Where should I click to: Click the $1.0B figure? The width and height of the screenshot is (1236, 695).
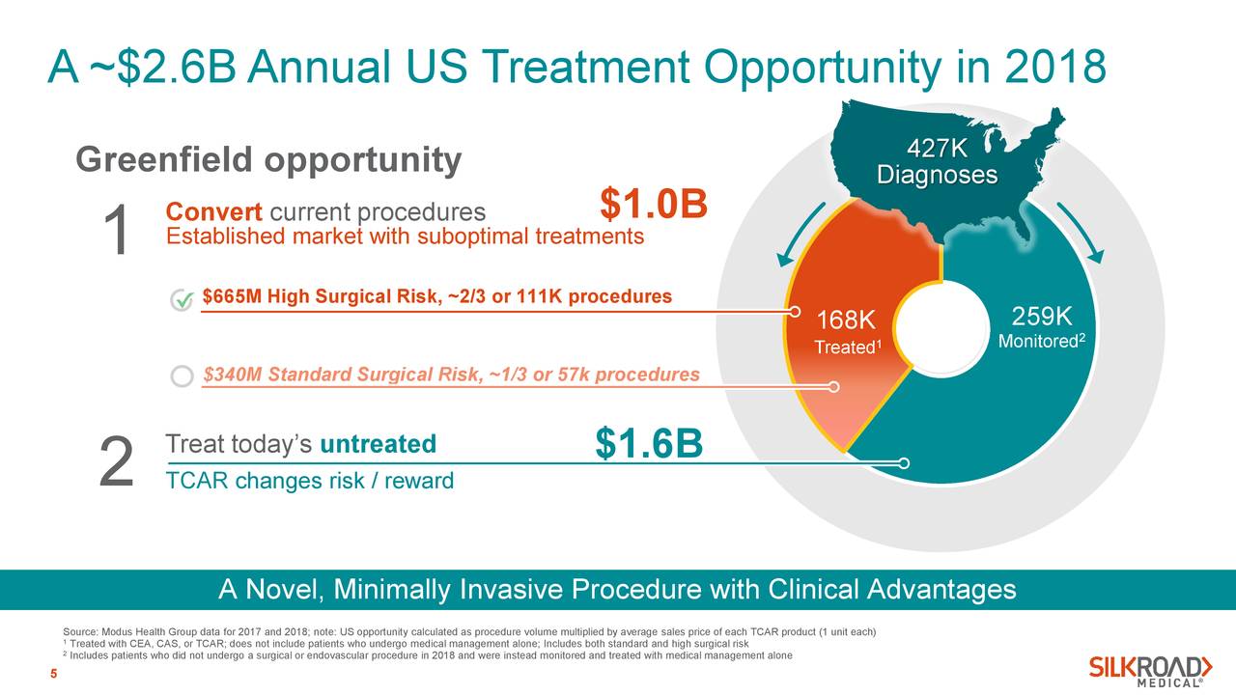654,205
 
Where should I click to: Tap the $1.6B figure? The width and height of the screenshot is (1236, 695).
649,444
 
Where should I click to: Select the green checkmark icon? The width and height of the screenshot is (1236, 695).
181,301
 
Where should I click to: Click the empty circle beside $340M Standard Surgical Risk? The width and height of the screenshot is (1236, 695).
181,376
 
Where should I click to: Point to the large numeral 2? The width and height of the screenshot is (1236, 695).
116,462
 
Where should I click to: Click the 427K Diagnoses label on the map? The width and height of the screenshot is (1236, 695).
936,162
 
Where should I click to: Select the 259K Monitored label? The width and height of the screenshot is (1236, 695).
1042,328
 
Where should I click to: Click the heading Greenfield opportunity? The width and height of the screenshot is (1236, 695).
268,159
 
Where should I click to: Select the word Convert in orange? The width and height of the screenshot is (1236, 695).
214,211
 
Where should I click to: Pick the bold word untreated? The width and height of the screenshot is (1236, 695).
378,444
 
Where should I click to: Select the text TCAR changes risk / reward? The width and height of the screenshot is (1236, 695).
309,480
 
